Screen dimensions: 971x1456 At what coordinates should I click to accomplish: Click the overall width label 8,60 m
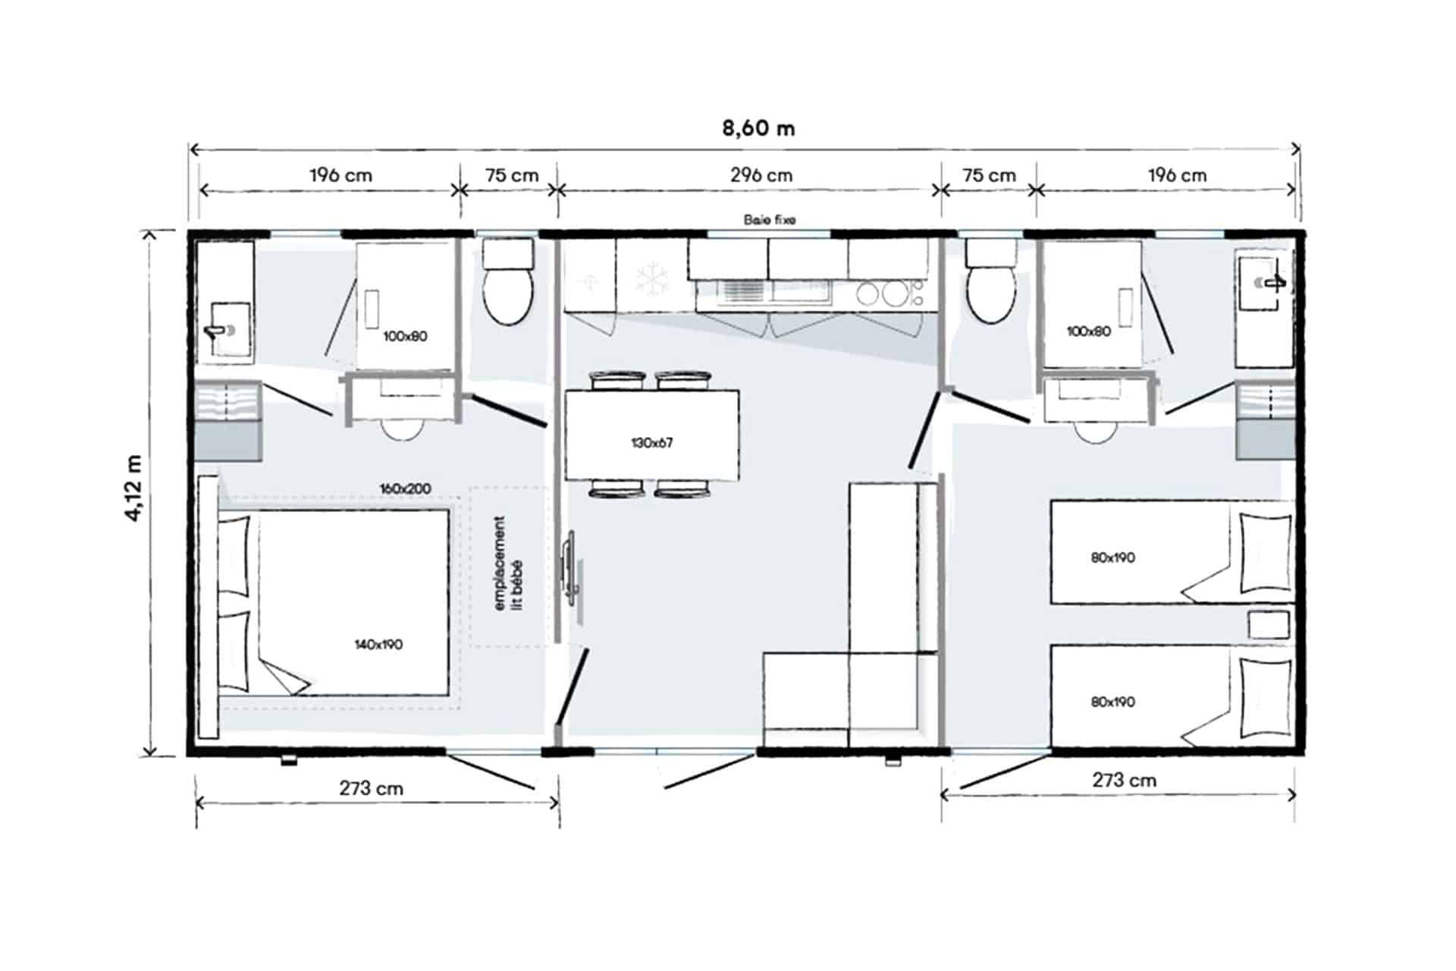click(758, 128)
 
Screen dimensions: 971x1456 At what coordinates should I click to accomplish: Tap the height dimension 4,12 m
click(133, 488)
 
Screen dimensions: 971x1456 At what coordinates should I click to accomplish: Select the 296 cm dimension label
click(761, 175)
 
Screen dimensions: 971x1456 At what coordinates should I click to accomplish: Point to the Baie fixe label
click(769, 220)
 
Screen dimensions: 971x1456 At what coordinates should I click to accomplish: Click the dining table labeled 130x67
click(651, 435)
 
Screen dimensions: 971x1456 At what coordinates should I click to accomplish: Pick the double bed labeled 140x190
click(353, 603)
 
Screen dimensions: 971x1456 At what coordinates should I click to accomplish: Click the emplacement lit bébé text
click(508, 563)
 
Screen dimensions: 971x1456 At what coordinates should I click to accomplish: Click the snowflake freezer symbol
click(651, 279)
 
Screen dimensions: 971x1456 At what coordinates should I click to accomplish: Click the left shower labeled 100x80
click(405, 307)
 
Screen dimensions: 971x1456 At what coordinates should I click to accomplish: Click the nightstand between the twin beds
click(1269, 625)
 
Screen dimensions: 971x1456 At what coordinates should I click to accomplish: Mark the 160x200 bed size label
click(405, 489)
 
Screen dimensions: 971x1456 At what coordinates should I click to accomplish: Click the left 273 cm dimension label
click(371, 788)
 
